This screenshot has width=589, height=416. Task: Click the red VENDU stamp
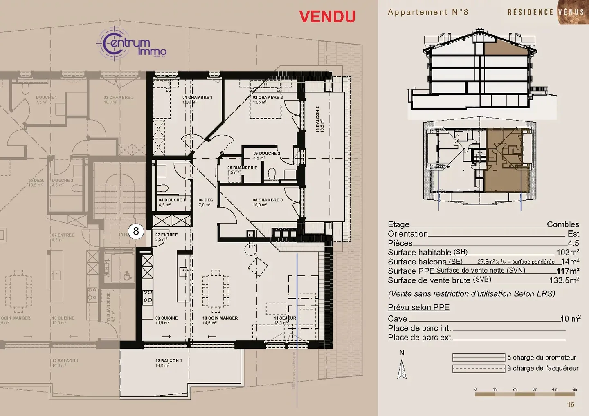click(327, 17)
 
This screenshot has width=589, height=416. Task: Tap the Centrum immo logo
click(131, 44)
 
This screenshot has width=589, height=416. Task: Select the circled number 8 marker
click(136, 231)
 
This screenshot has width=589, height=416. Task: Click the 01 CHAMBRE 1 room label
click(197, 98)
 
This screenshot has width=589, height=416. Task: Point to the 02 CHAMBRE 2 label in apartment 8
click(268, 98)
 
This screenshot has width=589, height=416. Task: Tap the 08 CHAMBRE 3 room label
click(268, 200)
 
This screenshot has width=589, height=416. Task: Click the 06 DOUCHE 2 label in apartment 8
click(266, 154)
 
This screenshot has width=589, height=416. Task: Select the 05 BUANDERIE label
click(242, 168)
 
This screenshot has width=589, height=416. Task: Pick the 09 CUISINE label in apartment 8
click(166, 318)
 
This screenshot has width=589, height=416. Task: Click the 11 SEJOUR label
click(285, 318)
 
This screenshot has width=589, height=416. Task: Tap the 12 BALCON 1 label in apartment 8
click(168, 361)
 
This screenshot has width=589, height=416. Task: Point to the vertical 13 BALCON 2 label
click(317, 119)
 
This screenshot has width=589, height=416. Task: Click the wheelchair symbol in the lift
click(128, 276)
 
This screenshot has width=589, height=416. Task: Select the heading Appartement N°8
click(427, 12)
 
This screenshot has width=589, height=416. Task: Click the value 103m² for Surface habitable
click(567, 252)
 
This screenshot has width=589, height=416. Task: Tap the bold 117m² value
click(567, 271)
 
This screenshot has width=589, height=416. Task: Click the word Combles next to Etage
click(563, 224)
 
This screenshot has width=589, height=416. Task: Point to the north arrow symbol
click(402, 369)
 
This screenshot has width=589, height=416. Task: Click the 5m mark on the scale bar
click(574, 389)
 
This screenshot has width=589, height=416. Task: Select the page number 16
click(571, 405)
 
